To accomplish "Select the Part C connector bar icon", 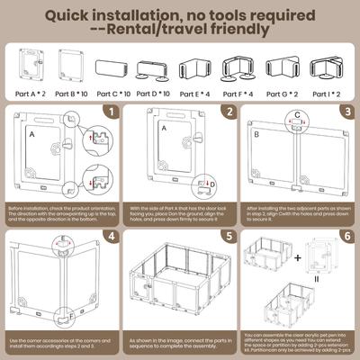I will coord(114,68).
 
